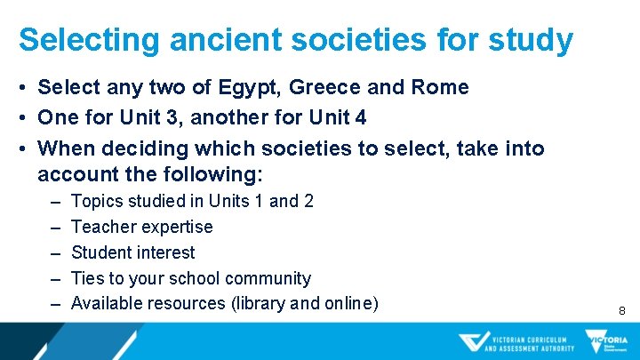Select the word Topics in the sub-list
97,201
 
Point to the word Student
101,252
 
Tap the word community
269,278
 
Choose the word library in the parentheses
260,303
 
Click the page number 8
622,311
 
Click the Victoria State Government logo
606,342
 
